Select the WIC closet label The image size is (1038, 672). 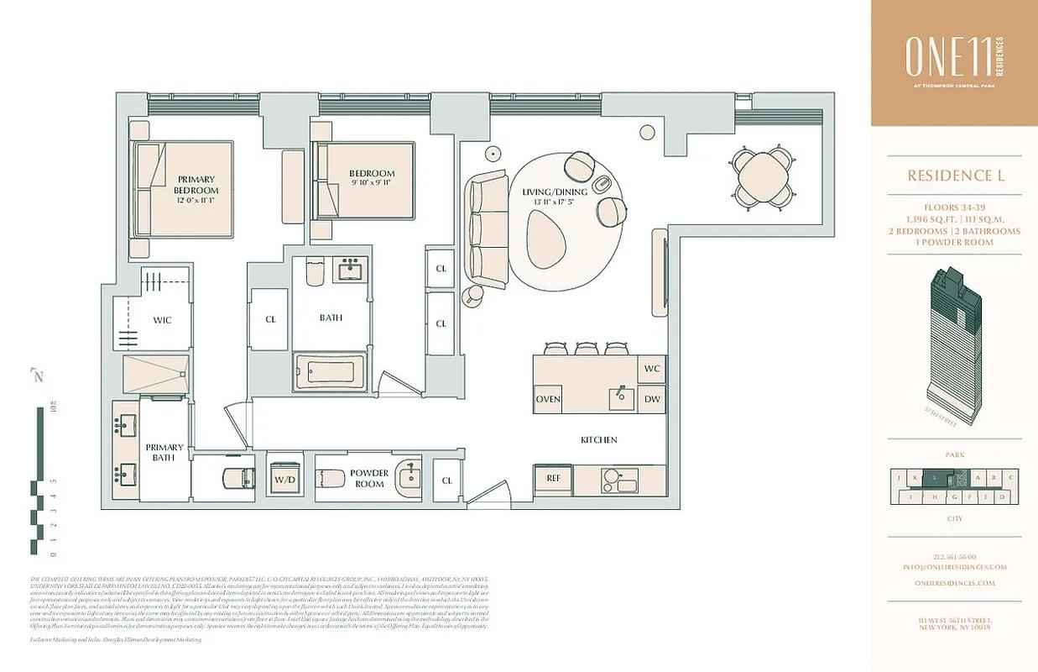tap(162, 320)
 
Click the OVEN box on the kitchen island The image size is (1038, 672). tap(548, 399)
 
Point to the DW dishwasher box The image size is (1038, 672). tap(652, 399)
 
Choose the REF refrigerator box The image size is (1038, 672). tap(553, 478)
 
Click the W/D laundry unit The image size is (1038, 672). tap(284, 480)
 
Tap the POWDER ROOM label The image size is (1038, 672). tap(369, 479)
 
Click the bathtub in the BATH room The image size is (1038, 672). tap(330, 370)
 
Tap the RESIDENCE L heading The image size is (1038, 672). tap(955, 176)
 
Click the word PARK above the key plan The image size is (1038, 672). tap(955, 454)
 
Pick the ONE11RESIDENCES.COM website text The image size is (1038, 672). tap(955, 583)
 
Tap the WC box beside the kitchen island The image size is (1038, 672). tap(652, 369)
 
